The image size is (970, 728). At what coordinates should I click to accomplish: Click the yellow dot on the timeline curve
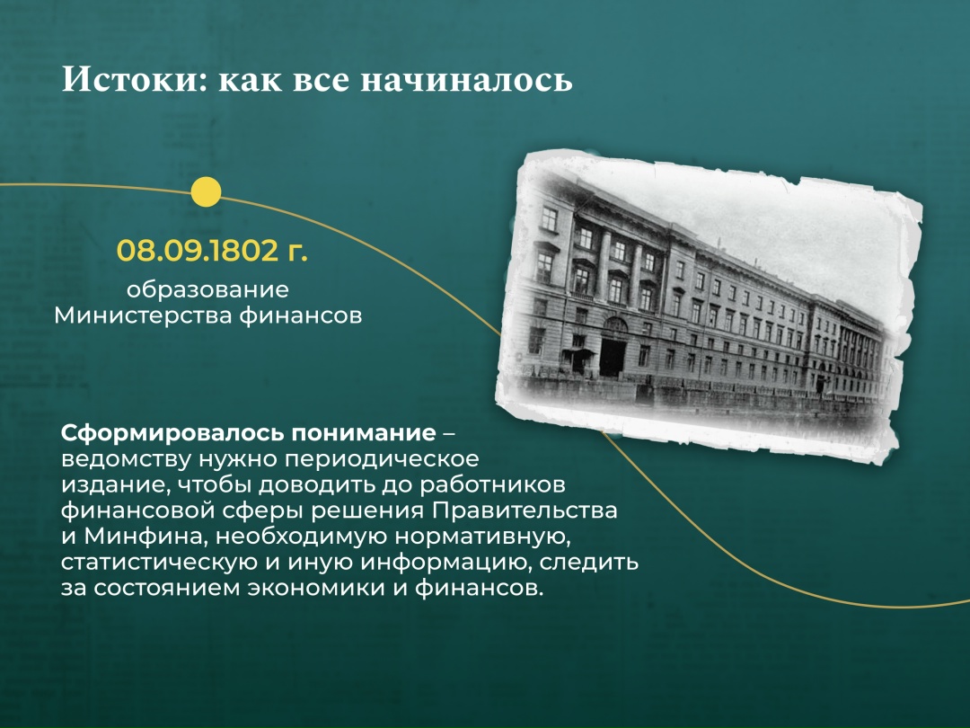[x=207, y=191]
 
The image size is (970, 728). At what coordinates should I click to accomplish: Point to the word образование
[x=207, y=289]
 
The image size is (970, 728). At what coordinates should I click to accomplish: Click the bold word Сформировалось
[x=172, y=432]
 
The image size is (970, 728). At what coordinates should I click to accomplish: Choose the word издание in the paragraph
[x=109, y=484]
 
